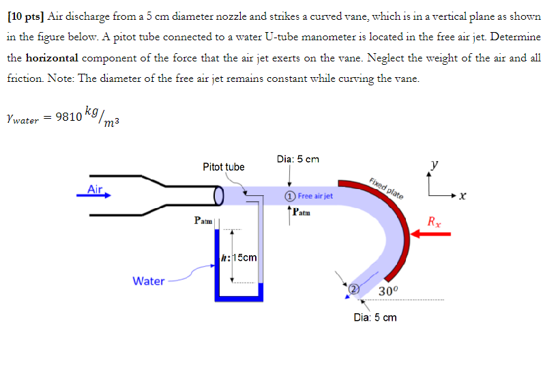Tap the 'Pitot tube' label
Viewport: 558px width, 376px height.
tap(223, 167)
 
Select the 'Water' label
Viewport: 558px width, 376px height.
tap(148, 280)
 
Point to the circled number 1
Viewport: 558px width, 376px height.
tap(290, 196)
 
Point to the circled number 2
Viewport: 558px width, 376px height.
tap(353, 289)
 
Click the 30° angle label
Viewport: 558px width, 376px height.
tap(387, 292)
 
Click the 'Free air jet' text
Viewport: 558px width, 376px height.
tap(315, 196)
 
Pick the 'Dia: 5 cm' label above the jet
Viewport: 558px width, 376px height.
tap(298, 160)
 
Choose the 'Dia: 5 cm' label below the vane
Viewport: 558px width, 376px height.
tap(375, 317)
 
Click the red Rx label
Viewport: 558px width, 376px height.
tap(434, 221)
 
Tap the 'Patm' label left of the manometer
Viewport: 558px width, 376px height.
tap(203, 221)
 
